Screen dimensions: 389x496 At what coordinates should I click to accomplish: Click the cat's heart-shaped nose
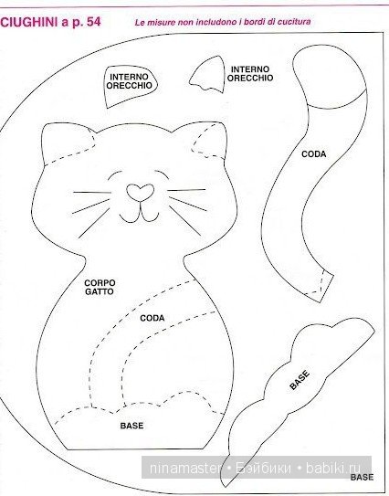tap(140, 192)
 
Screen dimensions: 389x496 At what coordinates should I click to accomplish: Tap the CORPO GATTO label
tap(100, 287)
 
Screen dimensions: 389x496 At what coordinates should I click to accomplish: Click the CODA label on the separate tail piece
tap(313, 154)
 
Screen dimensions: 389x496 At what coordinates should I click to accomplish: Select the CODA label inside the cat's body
tap(152, 318)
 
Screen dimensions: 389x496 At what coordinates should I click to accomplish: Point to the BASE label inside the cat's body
tap(131, 426)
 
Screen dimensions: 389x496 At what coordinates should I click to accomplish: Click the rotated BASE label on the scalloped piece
tap(300, 380)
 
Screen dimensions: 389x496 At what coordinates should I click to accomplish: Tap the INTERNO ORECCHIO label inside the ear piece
tap(129, 81)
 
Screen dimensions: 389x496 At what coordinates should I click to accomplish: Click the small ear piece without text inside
tap(207, 75)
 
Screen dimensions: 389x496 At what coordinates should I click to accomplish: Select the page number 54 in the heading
tap(93, 22)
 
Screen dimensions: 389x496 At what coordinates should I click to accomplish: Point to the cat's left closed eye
tap(114, 175)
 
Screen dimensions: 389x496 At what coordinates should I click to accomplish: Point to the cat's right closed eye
tap(162, 175)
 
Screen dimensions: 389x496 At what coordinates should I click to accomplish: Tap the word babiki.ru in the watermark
tap(333, 468)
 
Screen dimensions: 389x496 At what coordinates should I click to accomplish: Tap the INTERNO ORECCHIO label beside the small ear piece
tap(250, 74)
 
